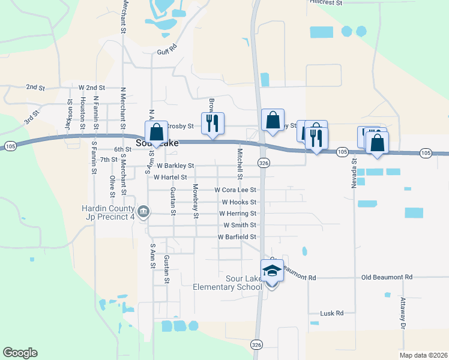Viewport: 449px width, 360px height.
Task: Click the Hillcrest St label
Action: [326, 3]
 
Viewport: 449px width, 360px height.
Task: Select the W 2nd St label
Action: [87, 88]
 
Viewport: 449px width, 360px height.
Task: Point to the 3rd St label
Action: [32, 116]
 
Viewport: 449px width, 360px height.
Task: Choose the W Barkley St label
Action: [175, 166]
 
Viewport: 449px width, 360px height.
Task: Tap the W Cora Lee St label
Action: [235, 190]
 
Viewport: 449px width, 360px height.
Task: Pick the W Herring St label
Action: [238, 214]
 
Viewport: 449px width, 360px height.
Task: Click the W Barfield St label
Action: [237, 237]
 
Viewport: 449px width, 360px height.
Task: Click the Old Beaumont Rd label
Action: [387, 277]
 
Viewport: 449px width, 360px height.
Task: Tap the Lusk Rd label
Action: [331, 313]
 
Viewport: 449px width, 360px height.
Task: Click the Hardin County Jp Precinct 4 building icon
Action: [143, 211]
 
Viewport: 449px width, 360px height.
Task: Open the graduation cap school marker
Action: [272, 271]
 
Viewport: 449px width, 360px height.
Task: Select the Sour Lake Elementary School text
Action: [228, 283]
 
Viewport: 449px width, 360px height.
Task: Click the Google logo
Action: [20, 353]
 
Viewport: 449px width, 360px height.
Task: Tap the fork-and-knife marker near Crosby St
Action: [212, 123]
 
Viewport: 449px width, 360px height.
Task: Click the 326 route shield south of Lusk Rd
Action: [256, 344]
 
